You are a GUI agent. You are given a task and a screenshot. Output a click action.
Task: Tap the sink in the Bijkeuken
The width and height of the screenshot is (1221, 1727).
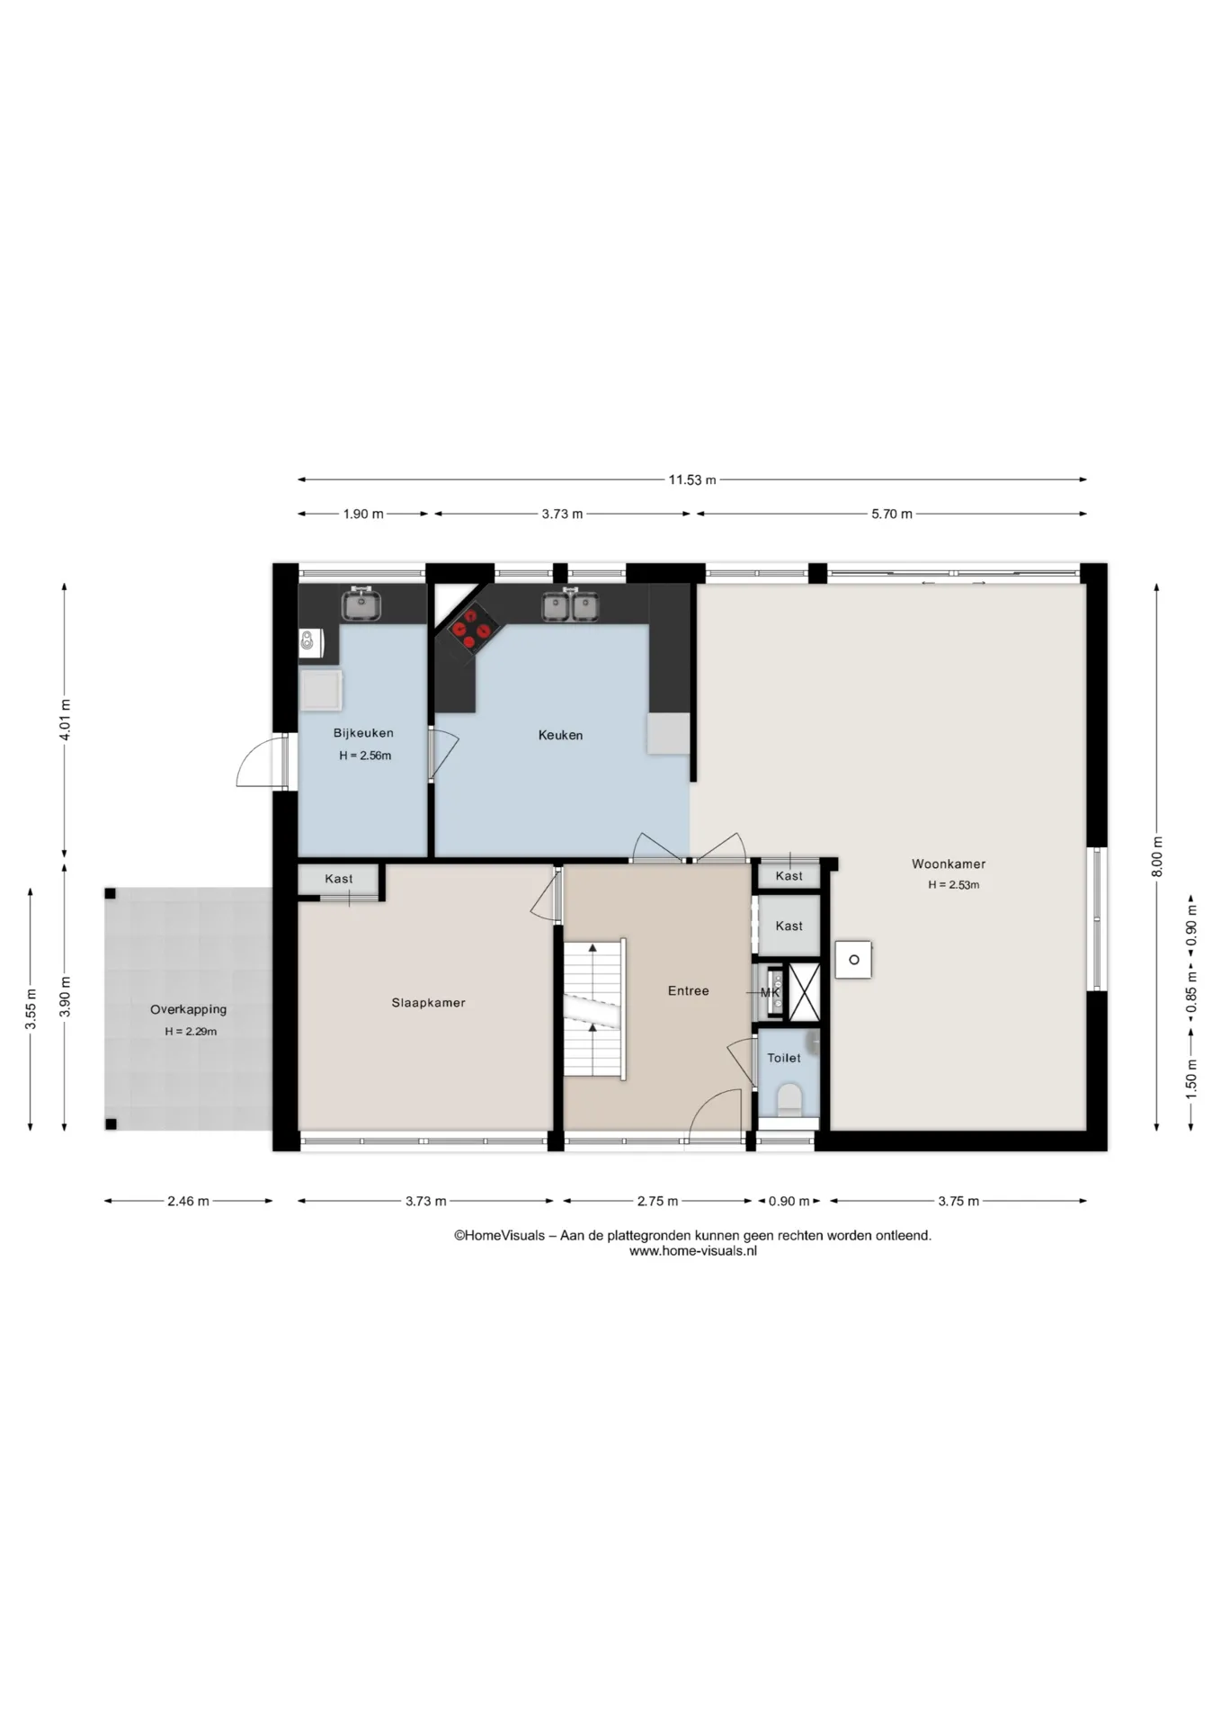pyautogui.click(x=361, y=604)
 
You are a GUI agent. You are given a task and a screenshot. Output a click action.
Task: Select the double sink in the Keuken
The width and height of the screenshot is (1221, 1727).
pyautogui.click(x=570, y=605)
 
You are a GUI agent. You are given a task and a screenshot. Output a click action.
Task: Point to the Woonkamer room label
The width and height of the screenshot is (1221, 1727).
pyautogui.click(x=949, y=863)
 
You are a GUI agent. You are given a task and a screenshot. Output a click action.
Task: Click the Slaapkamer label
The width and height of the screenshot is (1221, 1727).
pyautogui.click(x=428, y=1002)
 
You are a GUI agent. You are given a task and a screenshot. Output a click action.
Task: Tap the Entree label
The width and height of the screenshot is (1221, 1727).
pyautogui.click(x=688, y=990)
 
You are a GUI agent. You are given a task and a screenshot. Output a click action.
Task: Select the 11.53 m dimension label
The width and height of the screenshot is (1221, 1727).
pyautogui.click(x=691, y=479)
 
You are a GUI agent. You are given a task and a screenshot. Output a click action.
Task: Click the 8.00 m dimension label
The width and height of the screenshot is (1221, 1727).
pyautogui.click(x=1157, y=856)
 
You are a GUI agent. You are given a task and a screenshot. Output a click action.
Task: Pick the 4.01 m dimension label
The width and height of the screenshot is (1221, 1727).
pyautogui.click(x=65, y=720)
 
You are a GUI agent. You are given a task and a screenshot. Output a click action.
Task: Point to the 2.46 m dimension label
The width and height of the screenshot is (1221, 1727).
pyautogui.click(x=188, y=1201)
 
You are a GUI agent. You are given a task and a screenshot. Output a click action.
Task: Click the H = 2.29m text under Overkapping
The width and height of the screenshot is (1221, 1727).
pyautogui.click(x=191, y=1032)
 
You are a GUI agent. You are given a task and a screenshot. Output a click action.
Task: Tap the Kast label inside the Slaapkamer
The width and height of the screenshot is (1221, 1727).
pyautogui.click(x=339, y=879)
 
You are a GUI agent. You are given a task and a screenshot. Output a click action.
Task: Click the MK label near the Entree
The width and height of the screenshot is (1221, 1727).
pyautogui.click(x=770, y=992)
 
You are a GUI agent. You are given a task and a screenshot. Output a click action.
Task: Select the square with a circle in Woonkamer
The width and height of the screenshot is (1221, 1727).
pyautogui.click(x=853, y=960)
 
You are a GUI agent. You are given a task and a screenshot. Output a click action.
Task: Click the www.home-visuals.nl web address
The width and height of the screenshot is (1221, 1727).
pyautogui.click(x=692, y=1250)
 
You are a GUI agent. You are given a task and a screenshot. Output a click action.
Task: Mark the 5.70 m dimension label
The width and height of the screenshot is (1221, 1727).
pyautogui.click(x=892, y=514)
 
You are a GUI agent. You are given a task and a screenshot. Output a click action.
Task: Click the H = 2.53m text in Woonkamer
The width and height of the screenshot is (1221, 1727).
pyautogui.click(x=953, y=885)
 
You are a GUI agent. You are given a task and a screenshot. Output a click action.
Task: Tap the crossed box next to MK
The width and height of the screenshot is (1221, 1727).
pyautogui.click(x=804, y=991)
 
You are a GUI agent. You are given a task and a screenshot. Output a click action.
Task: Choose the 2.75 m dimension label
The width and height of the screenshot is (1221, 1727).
pyautogui.click(x=657, y=1201)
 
